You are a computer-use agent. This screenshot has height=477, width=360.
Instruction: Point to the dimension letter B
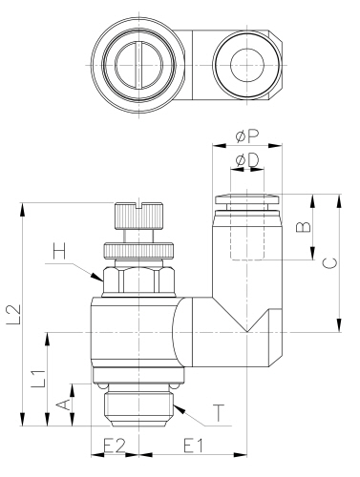coord(301,227)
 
